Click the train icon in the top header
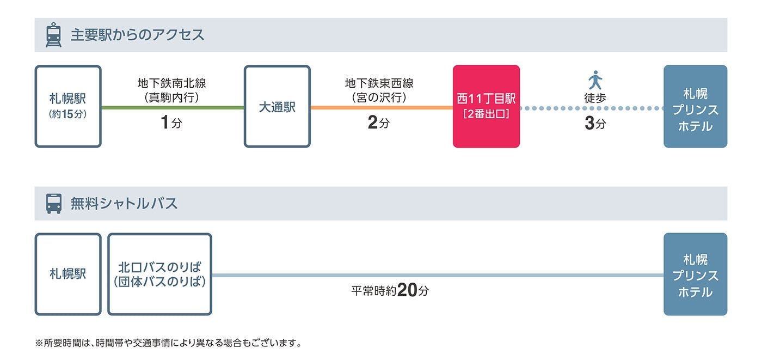point(53,35)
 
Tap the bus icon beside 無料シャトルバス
point(53,204)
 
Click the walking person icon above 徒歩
point(595,80)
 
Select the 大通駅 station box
point(277,107)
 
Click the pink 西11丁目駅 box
point(486,107)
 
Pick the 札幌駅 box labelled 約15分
point(68,107)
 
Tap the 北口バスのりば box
point(159,274)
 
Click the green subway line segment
point(173,108)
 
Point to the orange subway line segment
point(381,108)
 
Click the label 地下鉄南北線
point(172,83)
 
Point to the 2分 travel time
point(379,123)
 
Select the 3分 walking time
point(595,124)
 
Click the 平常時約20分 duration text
point(390,290)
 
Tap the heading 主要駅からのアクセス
point(137,35)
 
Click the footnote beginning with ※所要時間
point(168,343)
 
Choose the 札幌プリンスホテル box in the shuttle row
point(695,274)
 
